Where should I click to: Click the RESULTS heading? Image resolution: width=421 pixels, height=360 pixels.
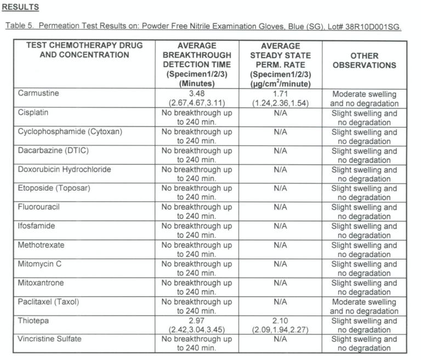click(20, 7)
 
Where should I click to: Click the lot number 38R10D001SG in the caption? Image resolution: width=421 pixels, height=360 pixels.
click(373, 27)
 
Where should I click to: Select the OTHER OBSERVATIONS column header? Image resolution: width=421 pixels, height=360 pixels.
click(364, 60)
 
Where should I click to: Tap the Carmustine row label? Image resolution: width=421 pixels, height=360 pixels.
click(38, 94)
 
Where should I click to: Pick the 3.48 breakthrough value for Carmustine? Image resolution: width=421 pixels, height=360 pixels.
click(196, 94)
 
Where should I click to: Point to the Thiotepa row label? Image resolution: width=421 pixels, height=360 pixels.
click(33, 320)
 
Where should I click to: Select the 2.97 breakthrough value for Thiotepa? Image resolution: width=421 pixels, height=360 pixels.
click(196, 320)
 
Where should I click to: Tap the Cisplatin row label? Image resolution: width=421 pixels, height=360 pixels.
click(34, 113)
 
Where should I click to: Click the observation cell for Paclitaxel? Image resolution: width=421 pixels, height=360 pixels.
click(364, 306)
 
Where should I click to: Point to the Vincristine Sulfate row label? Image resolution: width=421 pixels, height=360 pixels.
click(49, 339)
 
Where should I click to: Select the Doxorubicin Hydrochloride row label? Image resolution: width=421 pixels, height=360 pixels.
click(64, 170)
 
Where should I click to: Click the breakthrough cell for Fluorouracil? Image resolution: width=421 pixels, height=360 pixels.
click(196, 212)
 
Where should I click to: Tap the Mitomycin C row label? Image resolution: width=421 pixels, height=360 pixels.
click(39, 264)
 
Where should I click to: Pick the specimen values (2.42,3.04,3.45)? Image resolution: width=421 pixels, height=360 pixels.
click(196, 330)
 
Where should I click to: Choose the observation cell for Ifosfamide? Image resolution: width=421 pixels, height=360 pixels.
click(364, 230)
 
